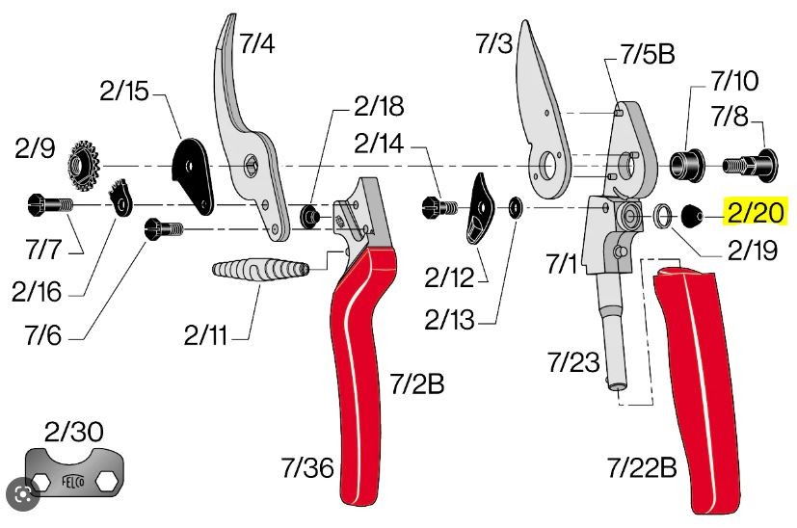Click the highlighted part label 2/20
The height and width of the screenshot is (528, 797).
[x=757, y=211]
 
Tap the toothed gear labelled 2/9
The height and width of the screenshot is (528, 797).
[x=84, y=165]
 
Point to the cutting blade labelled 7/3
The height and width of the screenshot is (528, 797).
[x=542, y=122]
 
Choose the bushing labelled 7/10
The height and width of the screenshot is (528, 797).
[x=686, y=164]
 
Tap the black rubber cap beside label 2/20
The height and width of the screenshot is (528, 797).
[x=690, y=216]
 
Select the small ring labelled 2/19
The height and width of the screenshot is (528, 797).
[x=661, y=216]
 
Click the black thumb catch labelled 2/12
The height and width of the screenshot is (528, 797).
[x=479, y=209]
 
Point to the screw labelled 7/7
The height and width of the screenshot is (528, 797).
[x=50, y=205]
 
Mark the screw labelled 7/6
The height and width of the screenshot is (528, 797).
[x=164, y=229]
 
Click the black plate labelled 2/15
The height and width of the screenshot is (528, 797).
[x=193, y=175]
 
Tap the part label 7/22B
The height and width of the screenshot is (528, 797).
[x=642, y=467]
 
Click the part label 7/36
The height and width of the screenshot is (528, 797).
[x=307, y=467]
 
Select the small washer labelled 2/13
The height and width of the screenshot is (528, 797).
[x=517, y=208]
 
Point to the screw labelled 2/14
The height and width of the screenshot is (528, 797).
[x=439, y=207]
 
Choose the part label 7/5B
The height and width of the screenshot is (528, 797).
[x=647, y=53]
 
